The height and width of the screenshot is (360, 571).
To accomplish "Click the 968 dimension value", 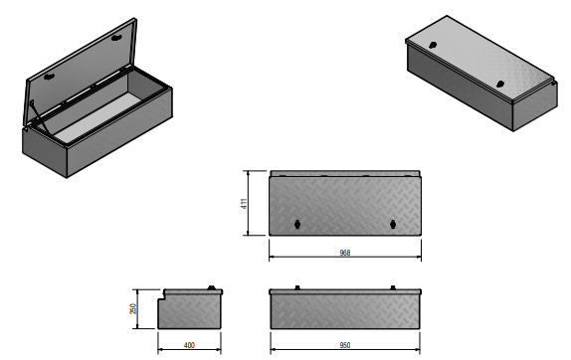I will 344,253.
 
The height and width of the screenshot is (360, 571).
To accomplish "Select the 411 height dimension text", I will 243,203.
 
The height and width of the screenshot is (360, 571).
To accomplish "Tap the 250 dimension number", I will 132,310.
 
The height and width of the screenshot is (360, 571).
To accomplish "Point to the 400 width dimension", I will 189,346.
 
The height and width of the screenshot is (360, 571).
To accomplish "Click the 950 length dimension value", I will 344,346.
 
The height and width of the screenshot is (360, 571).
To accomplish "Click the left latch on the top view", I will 297,223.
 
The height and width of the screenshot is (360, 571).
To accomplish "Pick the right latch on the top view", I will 393,223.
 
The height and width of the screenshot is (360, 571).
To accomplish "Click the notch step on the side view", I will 165,295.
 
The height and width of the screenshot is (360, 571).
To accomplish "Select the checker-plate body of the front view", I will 344,310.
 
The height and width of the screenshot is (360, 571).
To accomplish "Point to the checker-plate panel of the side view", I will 194,313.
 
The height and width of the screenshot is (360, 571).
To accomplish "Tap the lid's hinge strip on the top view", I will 344,172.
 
